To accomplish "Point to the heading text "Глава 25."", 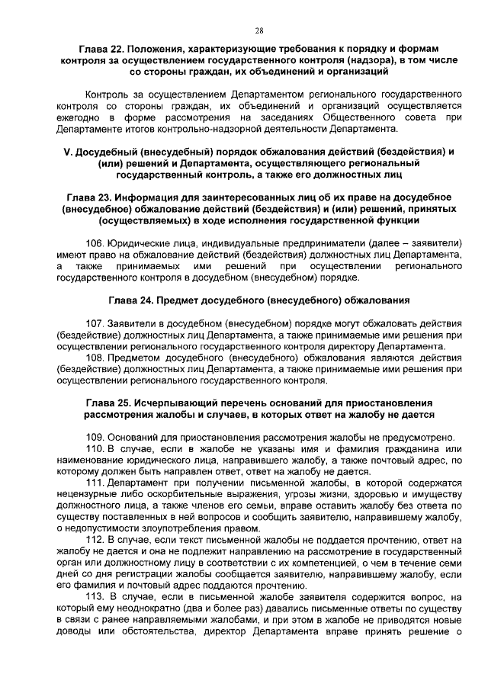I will click(109, 402).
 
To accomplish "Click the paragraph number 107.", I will click(97, 323).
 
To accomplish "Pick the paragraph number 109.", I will click(97, 437).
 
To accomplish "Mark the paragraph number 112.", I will click(97, 539).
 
